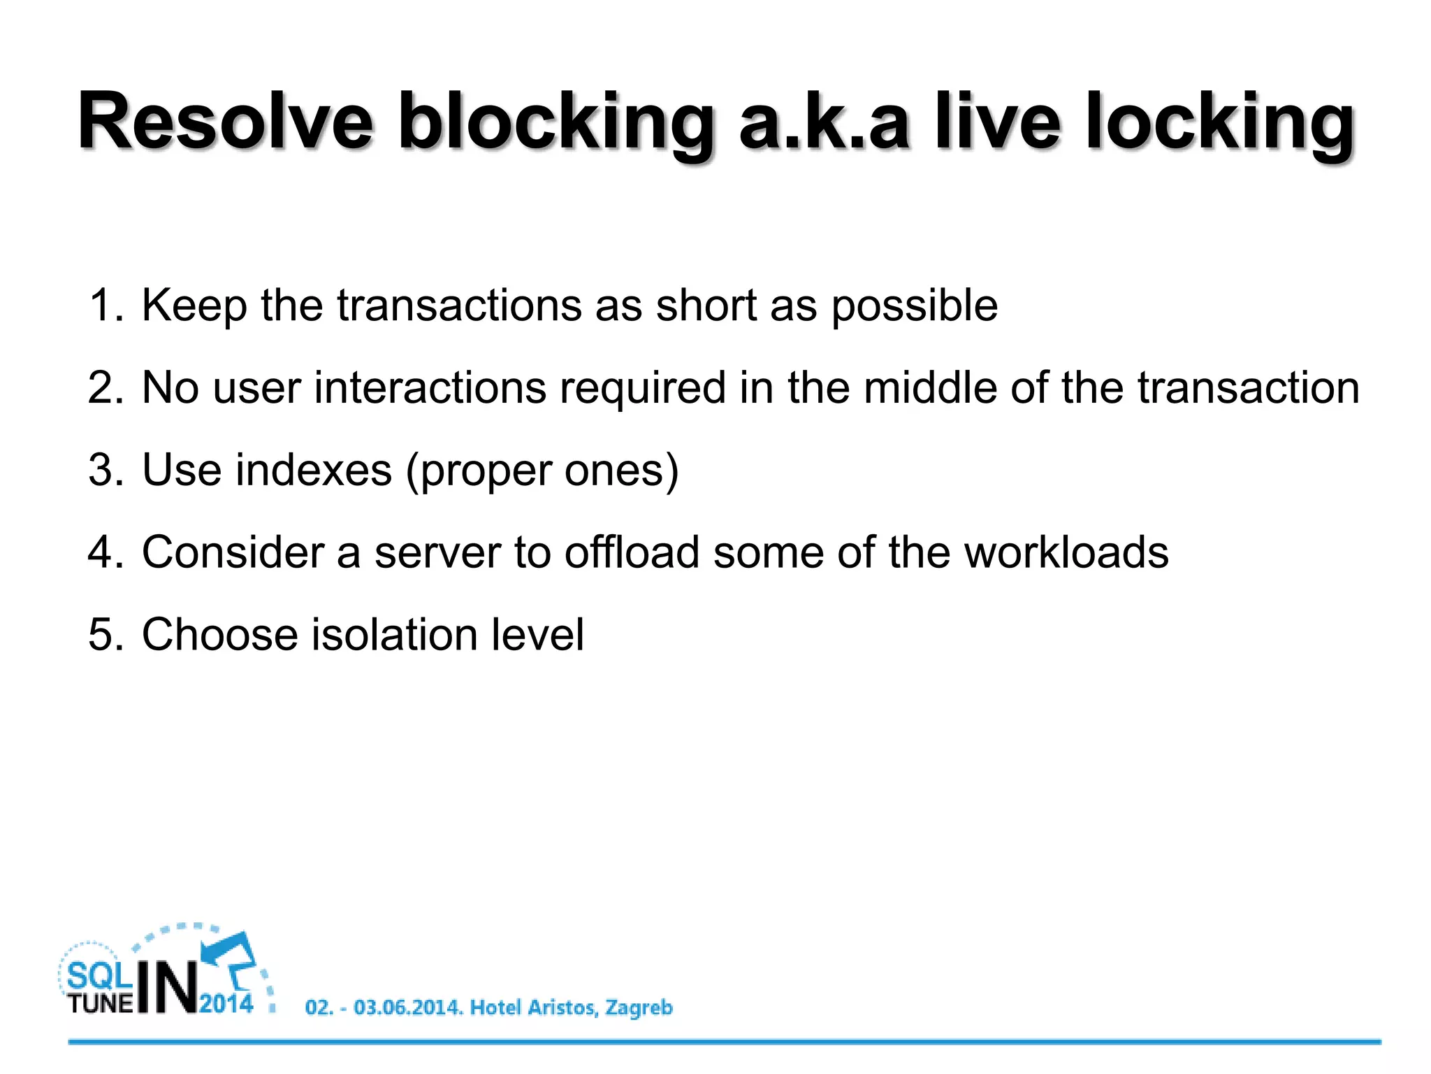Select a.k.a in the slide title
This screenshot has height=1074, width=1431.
[x=825, y=123]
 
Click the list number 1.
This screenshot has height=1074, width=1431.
[x=105, y=306]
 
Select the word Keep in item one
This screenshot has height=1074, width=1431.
[x=194, y=307]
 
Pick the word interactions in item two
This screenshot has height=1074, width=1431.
[x=430, y=387]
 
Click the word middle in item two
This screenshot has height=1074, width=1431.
[x=930, y=387]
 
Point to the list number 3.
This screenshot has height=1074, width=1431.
[x=105, y=470]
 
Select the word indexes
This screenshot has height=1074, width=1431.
[x=314, y=470]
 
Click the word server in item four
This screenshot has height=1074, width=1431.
[x=437, y=552]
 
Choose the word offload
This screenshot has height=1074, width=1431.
[x=632, y=552]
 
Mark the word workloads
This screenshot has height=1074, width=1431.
[x=1066, y=552]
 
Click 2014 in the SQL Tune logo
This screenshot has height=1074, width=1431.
[x=226, y=1004]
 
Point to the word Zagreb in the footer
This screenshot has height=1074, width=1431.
[x=638, y=1008]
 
